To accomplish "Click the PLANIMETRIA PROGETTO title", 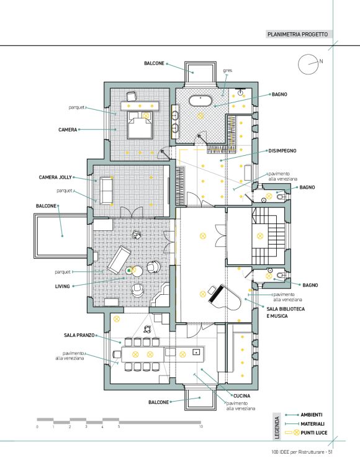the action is pos(297,34).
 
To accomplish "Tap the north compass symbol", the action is pos(308,64).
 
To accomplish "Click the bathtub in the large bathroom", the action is pos(200,101).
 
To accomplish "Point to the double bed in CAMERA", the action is pos(140,125).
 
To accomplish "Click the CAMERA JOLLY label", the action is pos(55,178).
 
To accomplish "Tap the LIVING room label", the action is pos(63,286).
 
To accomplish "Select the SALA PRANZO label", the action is pos(79,335).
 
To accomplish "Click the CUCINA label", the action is pos(241,396).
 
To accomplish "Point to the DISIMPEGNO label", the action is pos(282,151).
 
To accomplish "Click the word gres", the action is pos(227,71).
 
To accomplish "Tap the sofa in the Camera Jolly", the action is pos(106,191).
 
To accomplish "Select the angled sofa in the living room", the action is pos(119,259).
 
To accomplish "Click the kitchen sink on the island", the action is pos(196,351).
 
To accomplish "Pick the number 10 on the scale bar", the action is pos(201,426).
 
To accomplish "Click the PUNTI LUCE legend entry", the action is pos(313,433).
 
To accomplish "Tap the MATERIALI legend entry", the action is pos(312,423).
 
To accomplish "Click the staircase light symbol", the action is pos(260,236).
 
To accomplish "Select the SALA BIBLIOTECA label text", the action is pos(286,309).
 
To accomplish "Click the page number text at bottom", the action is pos(302,452).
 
